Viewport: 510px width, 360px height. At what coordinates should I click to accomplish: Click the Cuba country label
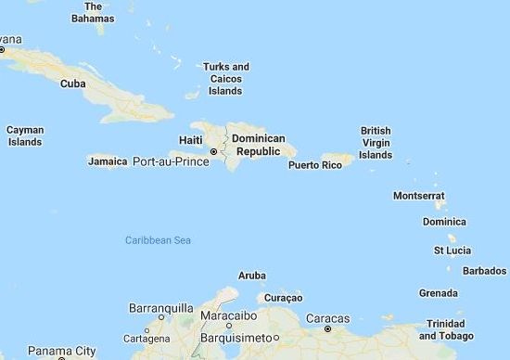point(72,84)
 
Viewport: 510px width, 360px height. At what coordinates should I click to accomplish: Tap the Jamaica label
point(108,161)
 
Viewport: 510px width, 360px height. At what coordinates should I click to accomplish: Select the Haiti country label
point(191,140)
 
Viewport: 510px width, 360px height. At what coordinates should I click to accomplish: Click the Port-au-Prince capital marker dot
point(213,151)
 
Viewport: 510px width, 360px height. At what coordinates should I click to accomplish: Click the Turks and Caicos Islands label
point(226,79)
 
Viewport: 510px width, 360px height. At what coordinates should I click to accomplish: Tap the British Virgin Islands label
point(376,143)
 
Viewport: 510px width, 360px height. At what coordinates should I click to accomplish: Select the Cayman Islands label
point(24,135)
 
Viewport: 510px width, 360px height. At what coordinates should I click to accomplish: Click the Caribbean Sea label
point(158,240)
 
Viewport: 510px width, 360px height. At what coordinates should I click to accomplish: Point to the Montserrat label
point(419,196)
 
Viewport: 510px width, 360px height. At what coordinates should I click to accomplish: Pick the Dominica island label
point(444,222)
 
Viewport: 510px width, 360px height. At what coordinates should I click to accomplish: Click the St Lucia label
point(453,251)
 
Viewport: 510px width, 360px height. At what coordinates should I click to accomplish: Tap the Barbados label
point(484,271)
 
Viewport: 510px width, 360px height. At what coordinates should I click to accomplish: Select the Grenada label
point(439,293)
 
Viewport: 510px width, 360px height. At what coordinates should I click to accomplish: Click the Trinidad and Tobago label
point(452,329)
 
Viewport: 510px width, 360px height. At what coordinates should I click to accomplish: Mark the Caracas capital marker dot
point(327,328)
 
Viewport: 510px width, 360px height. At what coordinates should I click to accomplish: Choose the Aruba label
point(252,276)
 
